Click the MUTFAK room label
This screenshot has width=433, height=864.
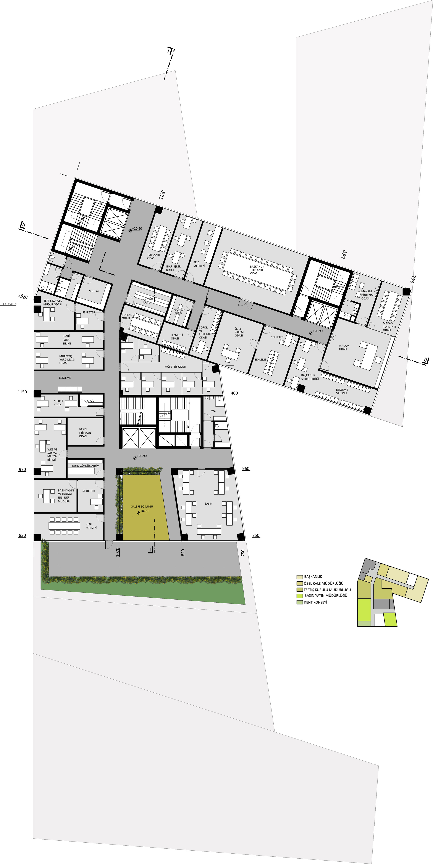coord(94,291)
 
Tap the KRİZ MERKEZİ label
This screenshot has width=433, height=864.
coord(199,264)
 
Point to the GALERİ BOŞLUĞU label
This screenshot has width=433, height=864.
coord(142,507)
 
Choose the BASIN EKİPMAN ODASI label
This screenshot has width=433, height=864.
coord(85,433)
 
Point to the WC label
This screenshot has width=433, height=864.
coord(213,411)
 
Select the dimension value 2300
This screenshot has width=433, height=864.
coord(343,255)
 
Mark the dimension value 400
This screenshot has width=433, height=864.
coord(234,393)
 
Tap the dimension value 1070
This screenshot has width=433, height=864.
coord(118,552)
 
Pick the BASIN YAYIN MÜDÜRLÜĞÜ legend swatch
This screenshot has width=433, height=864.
coord(300,596)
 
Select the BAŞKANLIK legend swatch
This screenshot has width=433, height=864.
coord(300,577)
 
